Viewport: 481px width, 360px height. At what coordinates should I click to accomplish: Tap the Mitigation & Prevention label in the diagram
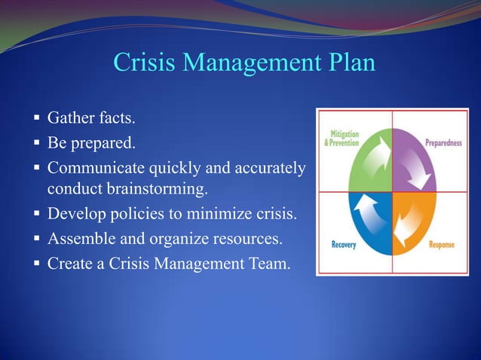point(341,138)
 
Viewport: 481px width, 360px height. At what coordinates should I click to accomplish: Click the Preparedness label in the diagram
point(443,142)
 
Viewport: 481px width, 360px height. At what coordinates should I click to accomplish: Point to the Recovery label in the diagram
point(343,245)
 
